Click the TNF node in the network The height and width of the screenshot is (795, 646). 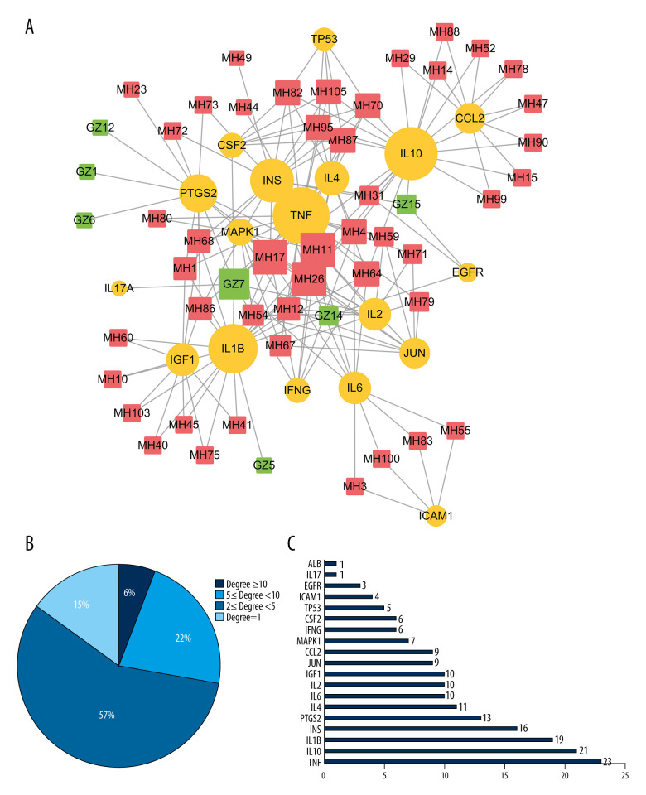pyautogui.click(x=301, y=215)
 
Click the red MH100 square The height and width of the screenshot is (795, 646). pyautogui.click(x=381, y=458)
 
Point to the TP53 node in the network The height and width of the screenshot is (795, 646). pyautogui.click(x=324, y=39)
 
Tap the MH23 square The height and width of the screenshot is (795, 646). pyautogui.click(x=132, y=89)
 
